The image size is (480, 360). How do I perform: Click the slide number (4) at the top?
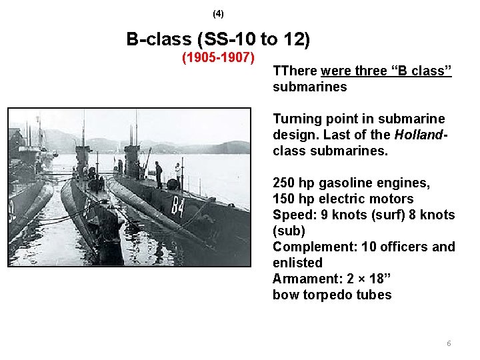219,13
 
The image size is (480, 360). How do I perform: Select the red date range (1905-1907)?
219,58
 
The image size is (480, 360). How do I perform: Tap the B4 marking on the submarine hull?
178,205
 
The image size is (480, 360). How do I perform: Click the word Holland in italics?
418,135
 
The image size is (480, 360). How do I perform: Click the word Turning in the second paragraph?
297,119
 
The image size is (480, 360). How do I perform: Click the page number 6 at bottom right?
449,343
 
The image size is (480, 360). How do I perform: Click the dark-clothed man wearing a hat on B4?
159,173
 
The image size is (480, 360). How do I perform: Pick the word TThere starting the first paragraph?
295,71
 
